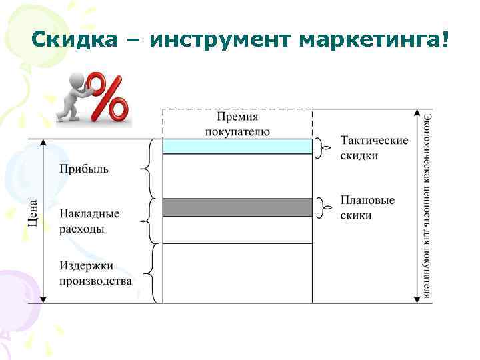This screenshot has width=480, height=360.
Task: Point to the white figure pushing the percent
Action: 70,99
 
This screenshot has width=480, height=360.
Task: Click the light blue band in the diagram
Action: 237,146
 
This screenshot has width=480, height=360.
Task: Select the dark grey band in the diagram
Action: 237,207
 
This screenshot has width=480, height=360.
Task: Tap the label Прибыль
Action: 84,169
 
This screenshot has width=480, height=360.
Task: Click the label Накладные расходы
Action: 89,221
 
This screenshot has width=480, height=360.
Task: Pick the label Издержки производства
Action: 95,273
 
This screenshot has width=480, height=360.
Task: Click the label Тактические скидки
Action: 373,148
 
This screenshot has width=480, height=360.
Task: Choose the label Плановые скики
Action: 367,208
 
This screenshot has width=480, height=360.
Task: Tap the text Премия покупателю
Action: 237,124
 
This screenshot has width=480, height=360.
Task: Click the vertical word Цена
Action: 34,211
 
